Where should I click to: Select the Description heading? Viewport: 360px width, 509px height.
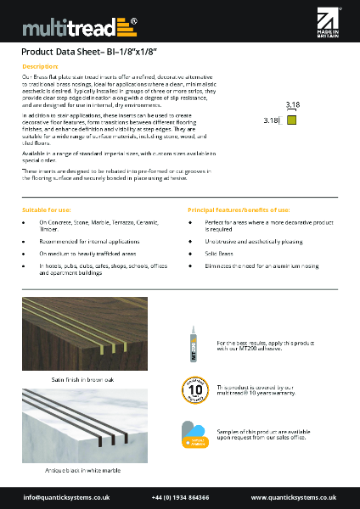point(40,65)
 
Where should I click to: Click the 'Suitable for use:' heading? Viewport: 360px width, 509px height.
point(47,209)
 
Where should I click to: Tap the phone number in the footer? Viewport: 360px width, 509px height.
point(181,496)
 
